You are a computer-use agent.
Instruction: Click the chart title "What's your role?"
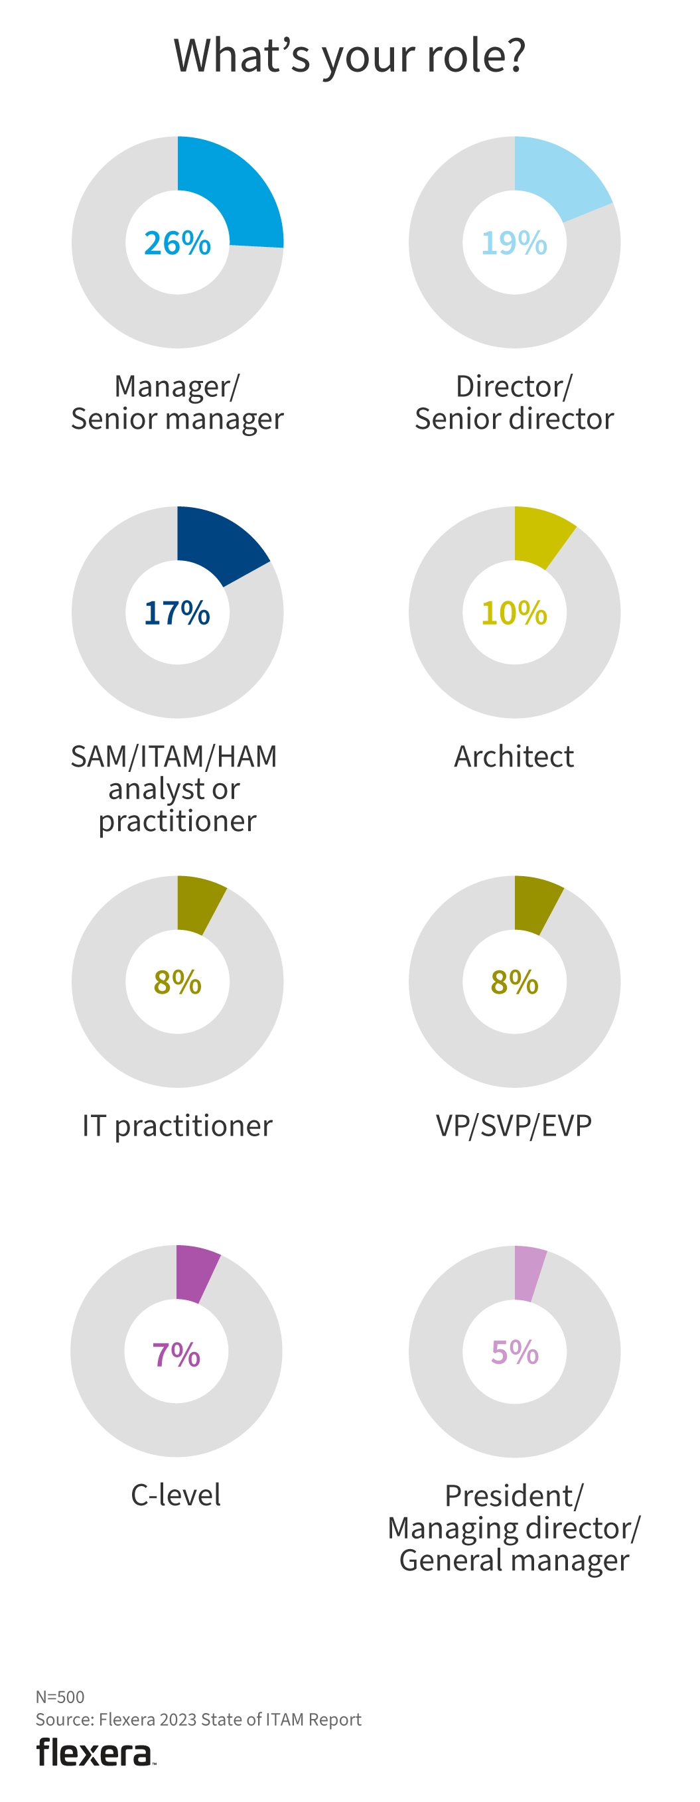pyautogui.click(x=350, y=55)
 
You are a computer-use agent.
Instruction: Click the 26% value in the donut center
pyautogui.click(x=178, y=243)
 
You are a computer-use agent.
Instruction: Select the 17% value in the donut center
pyautogui.click(x=177, y=613)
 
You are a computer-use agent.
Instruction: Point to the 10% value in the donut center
pyautogui.click(x=514, y=613)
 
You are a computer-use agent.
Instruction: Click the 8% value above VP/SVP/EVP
pyautogui.click(x=514, y=982)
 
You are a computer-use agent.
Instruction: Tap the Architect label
pyautogui.click(x=514, y=756)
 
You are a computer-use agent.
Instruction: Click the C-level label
pyautogui.click(x=176, y=1495)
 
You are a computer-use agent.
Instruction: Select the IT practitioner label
pyautogui.click(x=178, y=1126)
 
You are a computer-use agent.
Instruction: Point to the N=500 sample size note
pyautogui.click(x=60, y=1696)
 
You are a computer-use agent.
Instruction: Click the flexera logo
pyautogui.click(x=95, y=1752)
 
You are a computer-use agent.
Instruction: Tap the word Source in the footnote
pyautogui.click(x=63, y=1720)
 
